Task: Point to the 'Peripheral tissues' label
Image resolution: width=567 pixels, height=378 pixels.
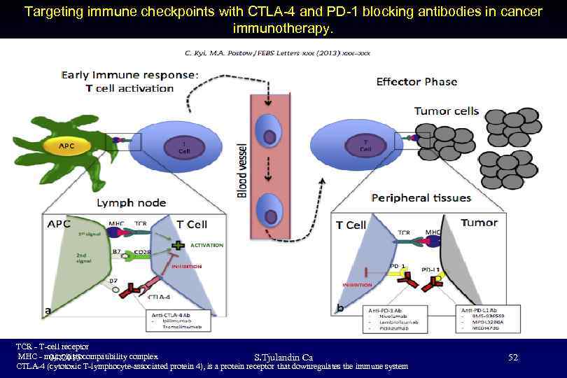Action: tap(421, 197)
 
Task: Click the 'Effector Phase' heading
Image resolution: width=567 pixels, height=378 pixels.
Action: tap(416, 82)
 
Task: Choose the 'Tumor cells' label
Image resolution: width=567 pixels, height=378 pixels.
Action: tap(447, 111)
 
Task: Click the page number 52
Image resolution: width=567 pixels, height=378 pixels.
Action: tap(513, 358)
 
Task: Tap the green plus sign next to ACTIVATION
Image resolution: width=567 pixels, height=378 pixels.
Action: tap(179, 245)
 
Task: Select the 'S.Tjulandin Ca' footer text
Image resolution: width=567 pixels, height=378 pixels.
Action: tap(283, 358)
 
